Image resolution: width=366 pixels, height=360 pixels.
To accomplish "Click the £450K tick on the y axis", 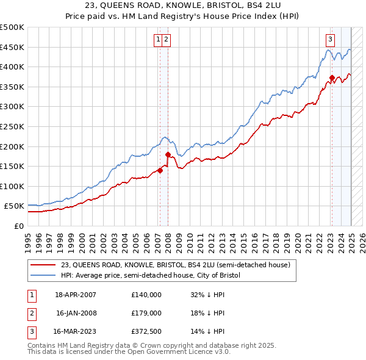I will click(13, 47).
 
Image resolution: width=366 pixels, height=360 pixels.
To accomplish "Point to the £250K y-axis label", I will click(13, 126).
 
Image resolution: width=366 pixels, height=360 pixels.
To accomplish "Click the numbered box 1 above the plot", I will click(158, 40).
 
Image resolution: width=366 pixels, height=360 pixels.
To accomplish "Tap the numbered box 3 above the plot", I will click(330, 40).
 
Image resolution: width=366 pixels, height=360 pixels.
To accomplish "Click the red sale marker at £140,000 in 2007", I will click(160, 171).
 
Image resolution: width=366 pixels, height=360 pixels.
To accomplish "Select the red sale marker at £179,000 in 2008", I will click(168, 155).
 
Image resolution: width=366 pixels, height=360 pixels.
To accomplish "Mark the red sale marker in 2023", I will click(332, 77).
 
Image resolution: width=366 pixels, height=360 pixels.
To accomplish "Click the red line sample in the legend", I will click(43, 265).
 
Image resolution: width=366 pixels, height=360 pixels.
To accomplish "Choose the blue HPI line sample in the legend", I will click(43, 275).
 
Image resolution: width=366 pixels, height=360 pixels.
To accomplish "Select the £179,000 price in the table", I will click(146, 313).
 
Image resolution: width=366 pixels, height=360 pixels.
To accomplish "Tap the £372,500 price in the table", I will click(146, 331).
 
